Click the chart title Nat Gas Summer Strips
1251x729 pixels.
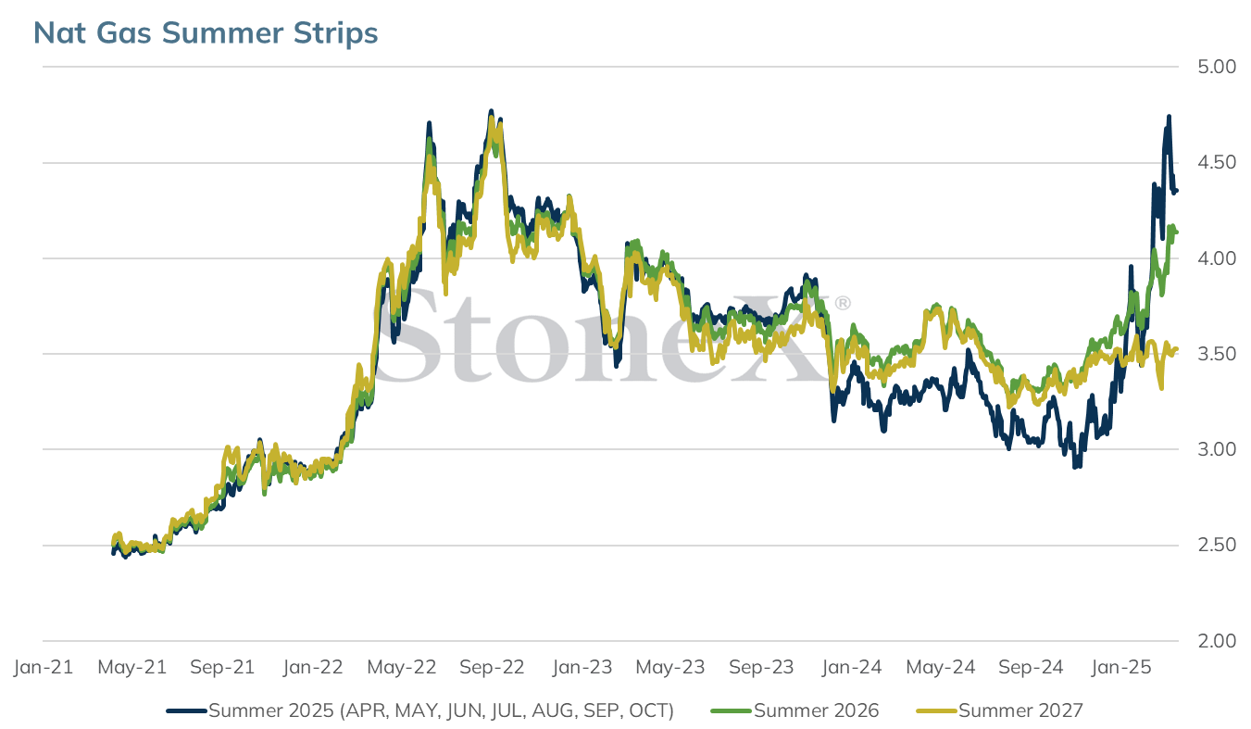coord(206,32)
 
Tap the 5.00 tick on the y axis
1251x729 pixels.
coord(1217,67)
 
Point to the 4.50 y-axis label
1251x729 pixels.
coord(1217,162)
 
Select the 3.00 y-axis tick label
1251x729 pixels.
coord(1217,449)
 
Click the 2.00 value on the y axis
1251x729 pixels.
coord(1217,641)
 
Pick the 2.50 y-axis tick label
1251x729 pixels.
coord(1217,545)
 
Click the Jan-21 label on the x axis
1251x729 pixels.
coord(44,667)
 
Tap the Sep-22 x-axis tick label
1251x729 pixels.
coord(492,667)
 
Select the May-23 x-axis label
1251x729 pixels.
coord(670,667)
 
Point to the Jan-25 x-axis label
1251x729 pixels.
coord(1121,667)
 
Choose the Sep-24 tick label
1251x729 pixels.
coord(1031,667)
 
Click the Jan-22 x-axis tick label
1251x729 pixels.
coord(313,667)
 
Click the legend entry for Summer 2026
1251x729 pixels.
coord(817,710)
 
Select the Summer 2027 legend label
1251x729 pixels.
coord(1021,710)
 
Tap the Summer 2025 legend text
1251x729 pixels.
coord(441,710)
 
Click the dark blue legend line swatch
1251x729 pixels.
coord(186,711)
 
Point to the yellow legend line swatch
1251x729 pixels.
coord(937,711)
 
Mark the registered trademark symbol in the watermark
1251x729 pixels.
coord(843,303)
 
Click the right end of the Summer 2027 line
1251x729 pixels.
coord(1177,349)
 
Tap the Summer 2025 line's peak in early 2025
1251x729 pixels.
coord(1169,116)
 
